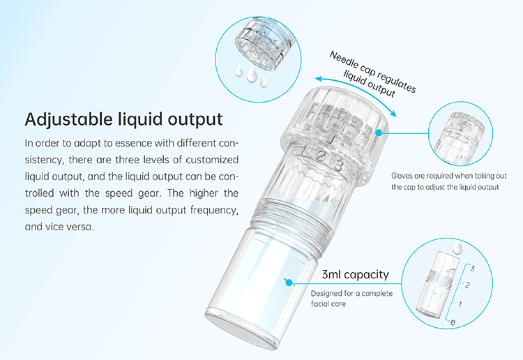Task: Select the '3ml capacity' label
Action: (356, 274)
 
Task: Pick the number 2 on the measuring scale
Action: (468, 285)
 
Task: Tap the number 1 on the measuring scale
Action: (460, 304)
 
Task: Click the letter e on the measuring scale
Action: (453, 322)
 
